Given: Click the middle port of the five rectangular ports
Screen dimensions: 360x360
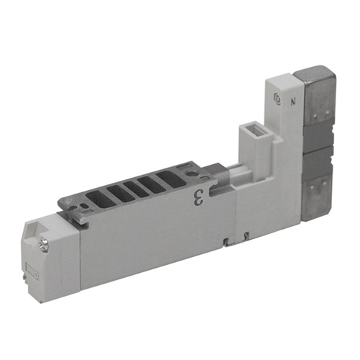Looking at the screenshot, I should [x=134, y=186].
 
